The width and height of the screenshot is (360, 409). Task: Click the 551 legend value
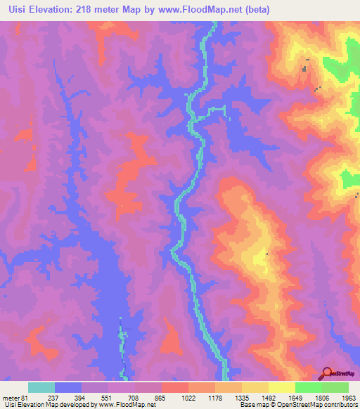pos(96,398)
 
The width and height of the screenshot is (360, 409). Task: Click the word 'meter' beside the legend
pos(10,398)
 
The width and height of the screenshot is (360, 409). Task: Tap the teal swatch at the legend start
pos(41,387)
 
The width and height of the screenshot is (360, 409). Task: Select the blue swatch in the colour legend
pos(68,387)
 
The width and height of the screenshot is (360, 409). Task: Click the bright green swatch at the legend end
pos(335,387)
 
